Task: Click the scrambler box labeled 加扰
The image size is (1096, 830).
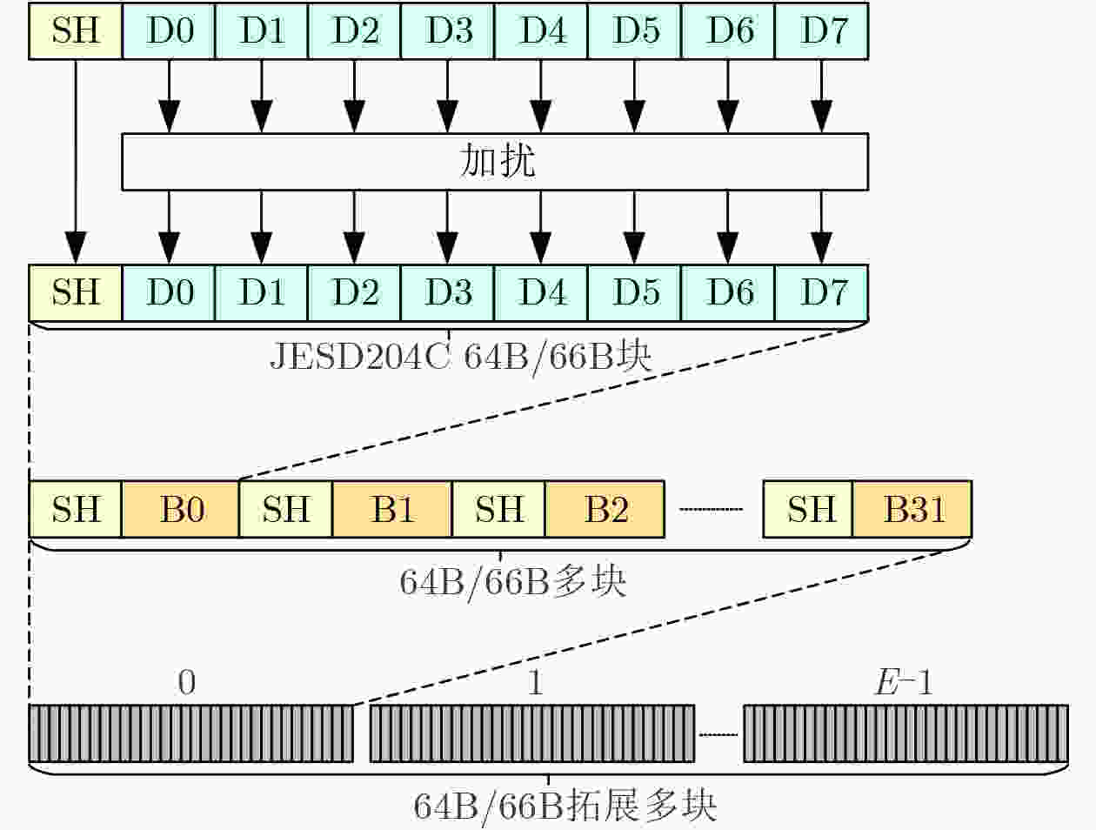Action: click(495, 162)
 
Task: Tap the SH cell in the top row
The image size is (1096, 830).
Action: click(76, 31)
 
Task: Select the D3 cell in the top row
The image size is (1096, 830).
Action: click(447, 31)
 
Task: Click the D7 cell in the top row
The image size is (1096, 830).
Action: click(822, 31)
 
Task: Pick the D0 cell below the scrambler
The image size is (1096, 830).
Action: click(169, 292)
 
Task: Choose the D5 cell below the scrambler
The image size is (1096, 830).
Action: click(635, 292)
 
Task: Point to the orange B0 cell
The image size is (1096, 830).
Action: click(181, 509)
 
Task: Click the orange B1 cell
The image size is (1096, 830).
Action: click(392, 509)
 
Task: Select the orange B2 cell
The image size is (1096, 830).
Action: click(605, 509)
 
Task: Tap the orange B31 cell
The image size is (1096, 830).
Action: click(912, 509)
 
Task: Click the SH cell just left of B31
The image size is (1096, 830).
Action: click(808, 509)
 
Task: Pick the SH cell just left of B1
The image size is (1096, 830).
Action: click(286, 509)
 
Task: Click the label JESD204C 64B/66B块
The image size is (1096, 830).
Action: click(460, 357)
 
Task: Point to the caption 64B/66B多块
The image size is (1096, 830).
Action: click(513, 582)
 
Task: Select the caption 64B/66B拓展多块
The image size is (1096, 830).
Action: click(565, 806)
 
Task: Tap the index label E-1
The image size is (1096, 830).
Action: click(904, 682)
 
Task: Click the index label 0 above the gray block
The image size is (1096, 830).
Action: click(187, 682)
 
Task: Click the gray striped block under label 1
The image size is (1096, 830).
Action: click(532, 733)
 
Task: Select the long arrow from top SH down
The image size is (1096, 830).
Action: click(76, 162)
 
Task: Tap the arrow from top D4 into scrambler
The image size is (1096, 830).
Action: click(541, 97)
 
